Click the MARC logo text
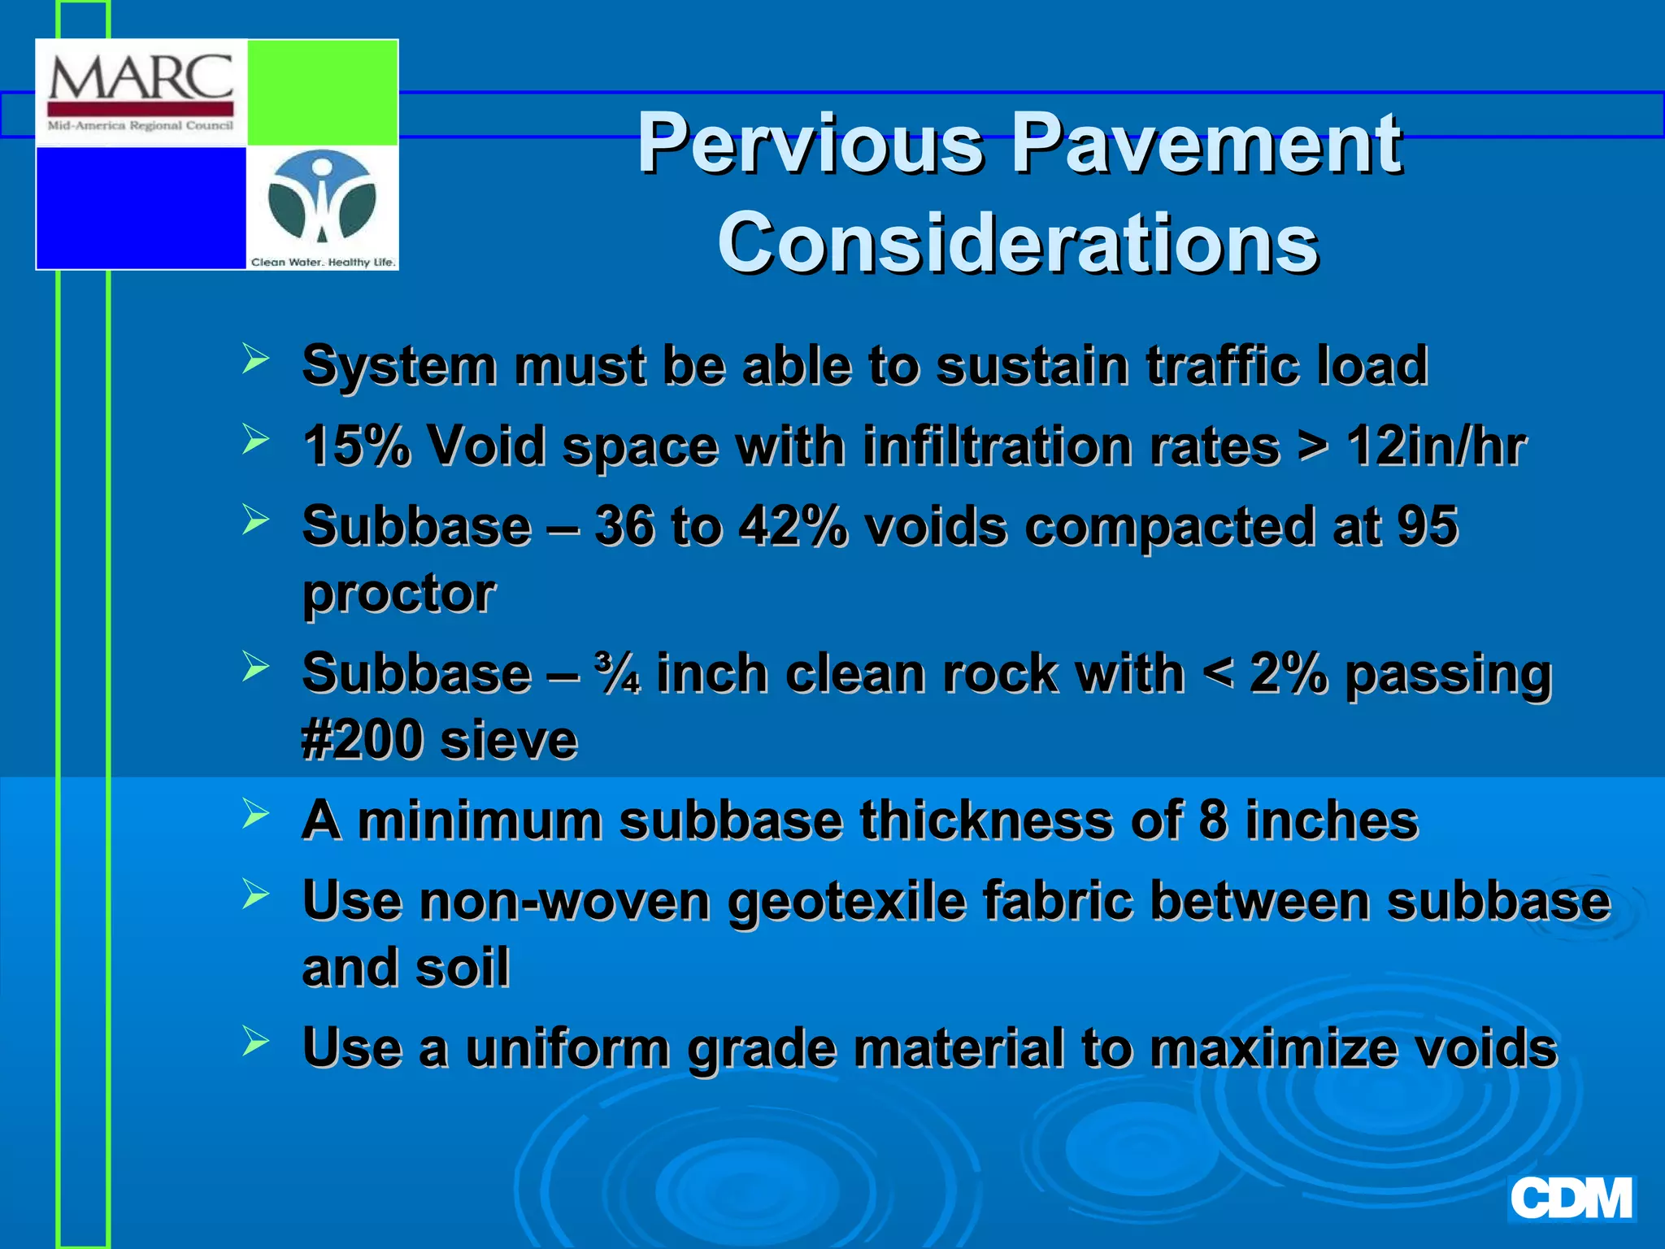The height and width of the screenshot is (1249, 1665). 141,77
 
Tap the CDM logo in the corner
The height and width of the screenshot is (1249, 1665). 1571,1199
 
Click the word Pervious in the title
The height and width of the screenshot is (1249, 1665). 810,144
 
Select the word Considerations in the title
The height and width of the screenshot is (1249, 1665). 1018,242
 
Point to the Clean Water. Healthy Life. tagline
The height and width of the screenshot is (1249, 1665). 323,262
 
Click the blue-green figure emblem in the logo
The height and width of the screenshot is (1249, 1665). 323,198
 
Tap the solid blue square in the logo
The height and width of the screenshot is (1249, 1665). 141,207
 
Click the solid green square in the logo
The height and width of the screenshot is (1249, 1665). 322,92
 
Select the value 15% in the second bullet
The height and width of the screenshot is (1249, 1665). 355,446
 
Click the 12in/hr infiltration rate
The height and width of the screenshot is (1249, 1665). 1436,446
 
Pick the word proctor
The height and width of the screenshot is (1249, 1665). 398,593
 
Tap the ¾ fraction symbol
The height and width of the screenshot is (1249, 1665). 617,673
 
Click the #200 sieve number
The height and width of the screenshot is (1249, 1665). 360,740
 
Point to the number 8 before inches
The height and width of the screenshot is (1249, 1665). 1212,820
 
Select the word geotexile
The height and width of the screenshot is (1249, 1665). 846,902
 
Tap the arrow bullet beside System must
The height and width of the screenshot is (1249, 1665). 255,359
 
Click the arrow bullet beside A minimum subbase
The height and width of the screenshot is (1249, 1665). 255,814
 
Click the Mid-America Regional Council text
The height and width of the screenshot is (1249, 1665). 141,126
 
